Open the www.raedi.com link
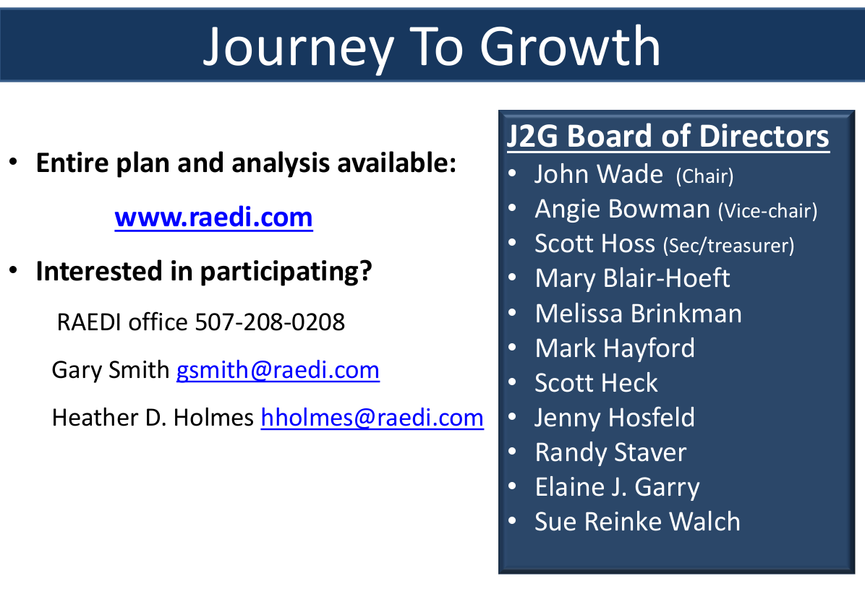pos(213,217)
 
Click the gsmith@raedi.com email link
pos(278,370)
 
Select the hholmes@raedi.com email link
pos(372,418)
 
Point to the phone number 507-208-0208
pos(270,322)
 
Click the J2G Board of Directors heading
pos(668,136)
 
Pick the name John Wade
pos(599,174)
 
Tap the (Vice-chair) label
pos(767,210)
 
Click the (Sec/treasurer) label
pos(728,245)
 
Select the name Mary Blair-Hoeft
pos(632,278)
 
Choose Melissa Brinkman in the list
pos(639,314)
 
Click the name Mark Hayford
pos(615,349)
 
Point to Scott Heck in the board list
pos(596,383)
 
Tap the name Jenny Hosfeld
pos(615,418)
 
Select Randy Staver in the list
pos(610,453)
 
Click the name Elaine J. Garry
pos(618,488)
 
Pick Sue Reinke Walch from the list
pos(637,522)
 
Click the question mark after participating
pos(365,270)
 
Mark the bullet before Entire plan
pos(14,162)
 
